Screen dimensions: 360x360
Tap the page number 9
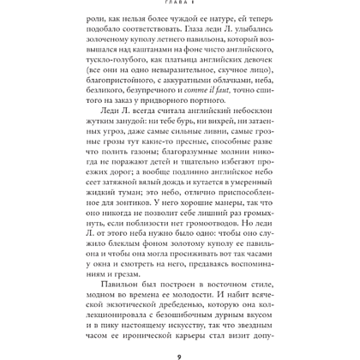coord(180,348)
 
